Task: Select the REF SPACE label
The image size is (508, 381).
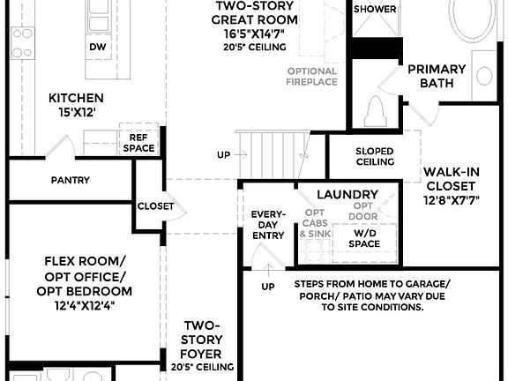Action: coord(138,143)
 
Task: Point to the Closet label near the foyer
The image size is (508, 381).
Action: coord(155,206)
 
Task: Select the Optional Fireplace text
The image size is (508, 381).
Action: coord(311,77)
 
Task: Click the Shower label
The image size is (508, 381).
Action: coord(375,9)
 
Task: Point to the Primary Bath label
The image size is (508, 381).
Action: coord(437,77)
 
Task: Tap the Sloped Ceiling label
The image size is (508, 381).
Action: coord(375,156)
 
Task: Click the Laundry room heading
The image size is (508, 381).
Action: coord(347,194)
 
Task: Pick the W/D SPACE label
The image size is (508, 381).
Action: coord(363,238)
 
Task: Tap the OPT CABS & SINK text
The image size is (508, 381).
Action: coord(315,224)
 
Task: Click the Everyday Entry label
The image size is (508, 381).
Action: coord(267,224)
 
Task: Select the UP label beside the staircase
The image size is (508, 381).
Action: coord(224,155)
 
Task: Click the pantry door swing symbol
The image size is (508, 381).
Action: coord(58,147)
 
